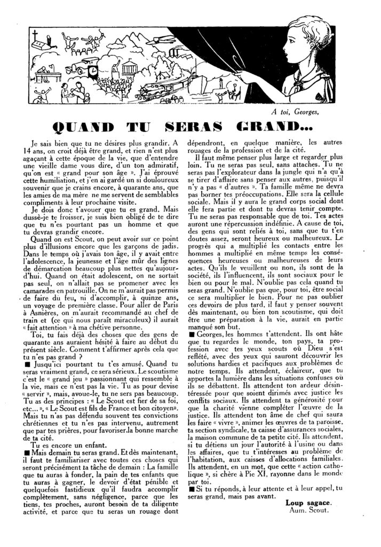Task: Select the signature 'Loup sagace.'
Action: [308, 502]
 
